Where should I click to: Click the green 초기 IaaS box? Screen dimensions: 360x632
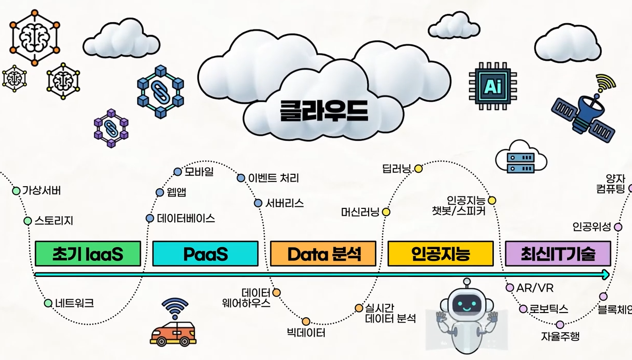point(88,253)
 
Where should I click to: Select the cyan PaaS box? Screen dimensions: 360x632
point(205,253)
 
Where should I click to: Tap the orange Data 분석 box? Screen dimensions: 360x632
point(323,253)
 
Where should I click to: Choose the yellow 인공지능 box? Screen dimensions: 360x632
point(440,253)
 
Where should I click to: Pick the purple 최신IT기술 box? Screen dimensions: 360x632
point(558,253)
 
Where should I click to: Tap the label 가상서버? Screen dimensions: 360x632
point(41,191)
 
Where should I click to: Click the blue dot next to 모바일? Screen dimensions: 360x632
point(178,172)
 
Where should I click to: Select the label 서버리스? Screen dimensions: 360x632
point(285,203)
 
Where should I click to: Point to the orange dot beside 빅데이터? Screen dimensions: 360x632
point(306,321)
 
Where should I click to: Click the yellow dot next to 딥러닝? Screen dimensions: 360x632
point(419,169)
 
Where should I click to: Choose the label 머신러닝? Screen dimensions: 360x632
point(360,212)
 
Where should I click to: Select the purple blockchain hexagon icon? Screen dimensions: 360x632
point(111,128)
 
